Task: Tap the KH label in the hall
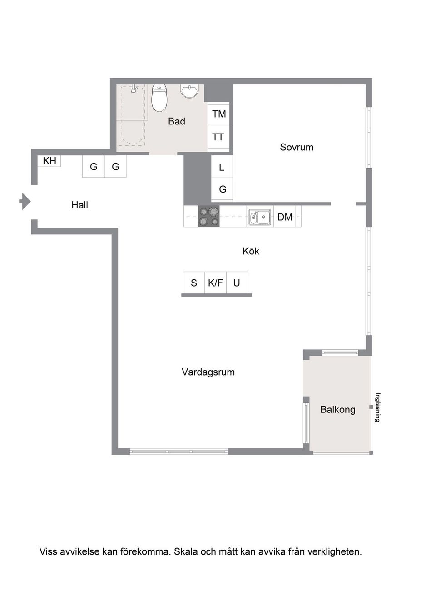[x=49, y=161]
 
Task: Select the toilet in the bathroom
[x=159, y=98]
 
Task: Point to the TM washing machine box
[x=219, y=114]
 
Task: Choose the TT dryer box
[x=218, y=137]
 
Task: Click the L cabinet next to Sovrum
[x=222, y=167]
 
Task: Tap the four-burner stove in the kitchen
[x=209, y=216]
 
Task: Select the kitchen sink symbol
[x=260, y=217]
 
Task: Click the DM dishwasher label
[x=285, y=217]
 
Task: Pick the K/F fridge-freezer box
[x=215, y=283]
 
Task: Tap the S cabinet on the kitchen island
[x=194, y=283]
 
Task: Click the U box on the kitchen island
[x=237, y=283]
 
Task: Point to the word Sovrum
[x=297, y=147]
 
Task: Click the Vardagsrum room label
[x=208, y=372]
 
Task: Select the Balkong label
[x=337, y=409]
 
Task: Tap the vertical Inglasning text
[x=377, y=407]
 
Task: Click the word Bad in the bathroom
[x=177, y=121]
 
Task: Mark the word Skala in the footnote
[x=186, y=552]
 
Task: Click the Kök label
[x=251, y=251]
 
